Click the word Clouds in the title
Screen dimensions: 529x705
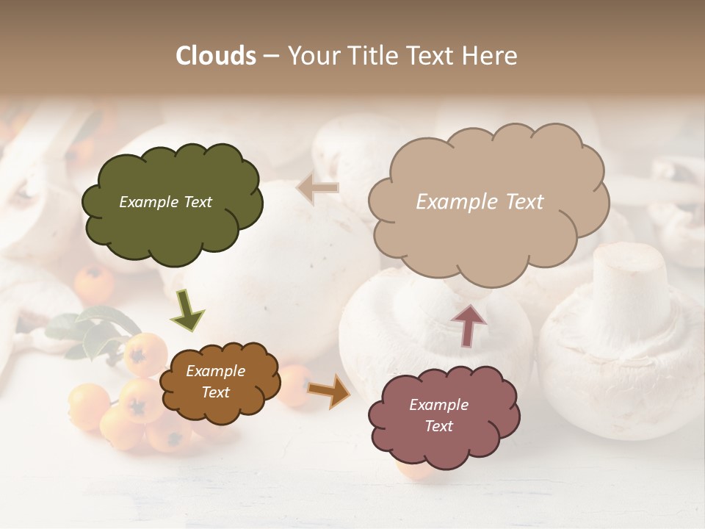[x=216, y=56]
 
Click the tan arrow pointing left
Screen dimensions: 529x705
[x=317, y=188]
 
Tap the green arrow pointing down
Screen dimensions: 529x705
[x=187, y=309]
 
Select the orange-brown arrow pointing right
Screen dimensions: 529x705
[x=329, y=390]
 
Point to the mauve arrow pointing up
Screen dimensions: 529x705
[x=469, y=325]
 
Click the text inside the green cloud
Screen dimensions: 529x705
[x=165, y=202]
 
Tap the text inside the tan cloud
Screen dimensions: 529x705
[x=480, y=202]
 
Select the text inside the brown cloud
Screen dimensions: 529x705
[x=215, y=382]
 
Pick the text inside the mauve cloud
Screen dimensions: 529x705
[x=438, y=415]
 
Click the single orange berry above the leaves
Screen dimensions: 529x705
[x=95, y=283]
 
